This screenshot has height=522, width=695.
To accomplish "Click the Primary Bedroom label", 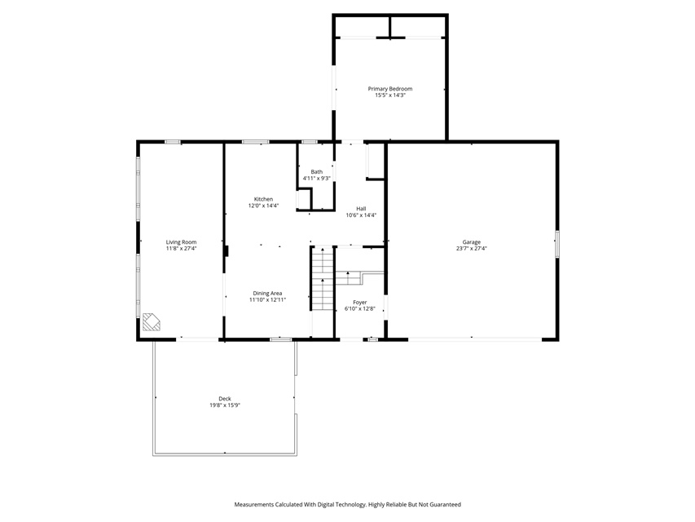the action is (390, 89).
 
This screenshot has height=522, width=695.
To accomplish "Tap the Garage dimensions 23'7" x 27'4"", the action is (472, 249).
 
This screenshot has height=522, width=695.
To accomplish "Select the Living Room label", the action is (181, 242).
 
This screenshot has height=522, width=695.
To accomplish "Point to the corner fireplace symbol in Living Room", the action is (152, 322).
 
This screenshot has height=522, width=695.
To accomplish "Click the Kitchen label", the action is (264, 199).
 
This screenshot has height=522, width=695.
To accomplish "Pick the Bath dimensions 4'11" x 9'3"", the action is (316, 178).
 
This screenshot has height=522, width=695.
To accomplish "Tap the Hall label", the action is (361, 209).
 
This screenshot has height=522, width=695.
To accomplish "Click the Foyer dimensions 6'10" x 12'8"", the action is (360, 308).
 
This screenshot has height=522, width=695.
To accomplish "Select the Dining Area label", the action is (267, 294).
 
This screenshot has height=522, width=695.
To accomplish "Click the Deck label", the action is (225, 399).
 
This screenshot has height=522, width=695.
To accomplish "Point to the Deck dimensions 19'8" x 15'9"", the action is (225, 405).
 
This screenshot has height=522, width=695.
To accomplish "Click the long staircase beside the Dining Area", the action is (322, 279).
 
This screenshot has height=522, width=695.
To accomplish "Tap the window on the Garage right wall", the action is (557, 244).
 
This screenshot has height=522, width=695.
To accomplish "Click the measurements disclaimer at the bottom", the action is (347, 504).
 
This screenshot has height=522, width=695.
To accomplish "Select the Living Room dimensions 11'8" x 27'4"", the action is (181, 249).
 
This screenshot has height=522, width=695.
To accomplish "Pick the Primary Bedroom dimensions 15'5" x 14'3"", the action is (390, 95).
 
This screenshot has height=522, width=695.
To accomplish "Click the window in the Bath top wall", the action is (310, 142).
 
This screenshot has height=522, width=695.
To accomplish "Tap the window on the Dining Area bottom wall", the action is (281, 339).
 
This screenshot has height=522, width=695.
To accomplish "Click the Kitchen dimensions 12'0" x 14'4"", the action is (264, 206).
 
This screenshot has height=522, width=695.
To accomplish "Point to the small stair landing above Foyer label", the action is (349, 278).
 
